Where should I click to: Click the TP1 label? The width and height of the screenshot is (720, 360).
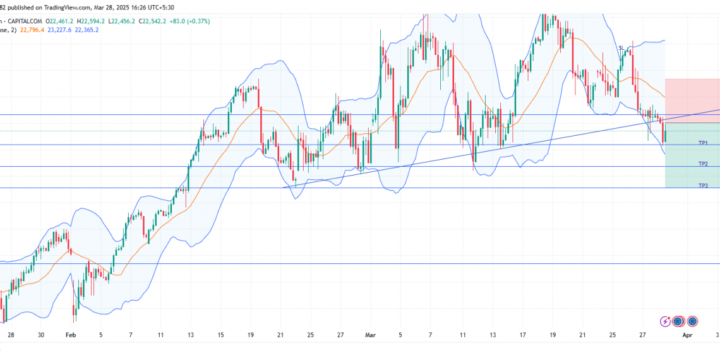702,143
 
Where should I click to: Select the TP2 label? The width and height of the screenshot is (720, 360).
702,164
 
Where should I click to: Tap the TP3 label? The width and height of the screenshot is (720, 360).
702,185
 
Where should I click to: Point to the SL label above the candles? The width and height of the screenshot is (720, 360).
621,47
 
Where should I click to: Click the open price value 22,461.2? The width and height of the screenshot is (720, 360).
61,21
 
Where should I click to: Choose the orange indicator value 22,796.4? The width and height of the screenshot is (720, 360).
32,30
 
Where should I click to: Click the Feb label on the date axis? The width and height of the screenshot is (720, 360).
70,334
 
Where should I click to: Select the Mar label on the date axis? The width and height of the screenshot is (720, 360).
370,334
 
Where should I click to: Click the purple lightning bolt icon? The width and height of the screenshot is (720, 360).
664,321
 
